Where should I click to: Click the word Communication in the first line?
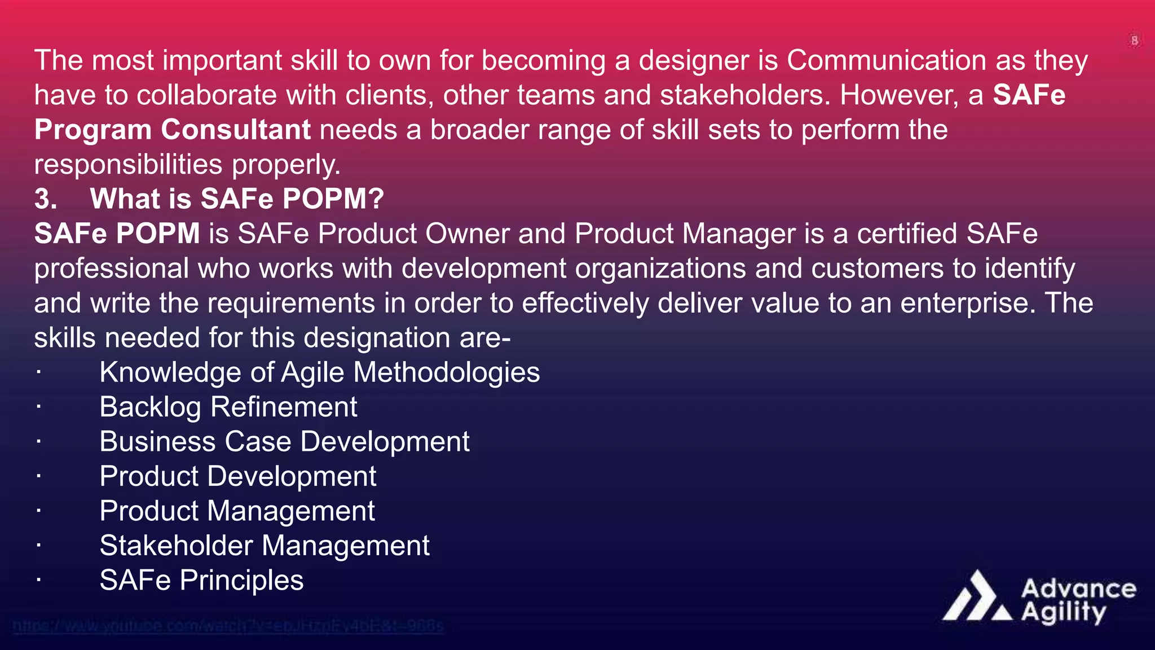tap(886, 60)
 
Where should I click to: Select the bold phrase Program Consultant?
tap(172, 130)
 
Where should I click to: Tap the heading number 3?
tap(46, 199)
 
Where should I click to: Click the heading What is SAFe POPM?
tap(237, 199)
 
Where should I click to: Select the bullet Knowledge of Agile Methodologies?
tap(319, 372)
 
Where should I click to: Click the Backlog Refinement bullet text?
tap(228, 407)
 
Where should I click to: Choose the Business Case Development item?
tap(284, 442)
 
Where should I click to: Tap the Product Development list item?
tap(237, 476)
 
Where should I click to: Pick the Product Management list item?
tap(237, 511)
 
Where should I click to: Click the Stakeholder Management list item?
tap(264, 546)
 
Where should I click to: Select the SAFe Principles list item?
tap(201, 581)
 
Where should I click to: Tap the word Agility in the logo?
tap(1064, 612)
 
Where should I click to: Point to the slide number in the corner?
tap(1134, 41)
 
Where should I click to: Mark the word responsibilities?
tap(128, 165)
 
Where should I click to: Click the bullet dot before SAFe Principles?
tap(38, 580)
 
